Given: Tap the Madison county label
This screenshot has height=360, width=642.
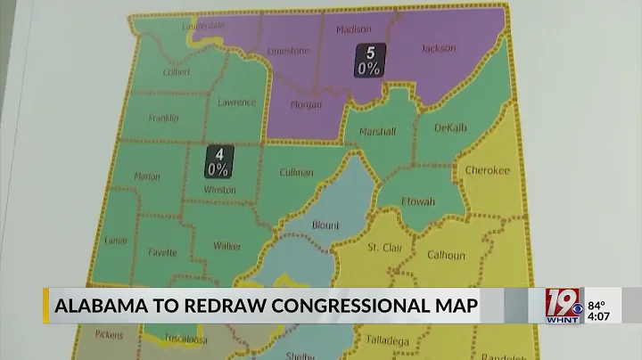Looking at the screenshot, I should tap(353, 29).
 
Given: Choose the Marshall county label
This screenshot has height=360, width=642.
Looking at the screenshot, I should tap(377, 132).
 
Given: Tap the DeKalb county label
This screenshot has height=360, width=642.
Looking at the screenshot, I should tap(450, 128).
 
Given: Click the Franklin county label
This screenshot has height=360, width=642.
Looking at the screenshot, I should tap(164, 119).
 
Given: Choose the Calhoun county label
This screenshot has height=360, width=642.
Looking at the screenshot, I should tap(445, 256).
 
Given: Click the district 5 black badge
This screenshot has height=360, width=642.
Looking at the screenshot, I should tap(366, 60).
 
